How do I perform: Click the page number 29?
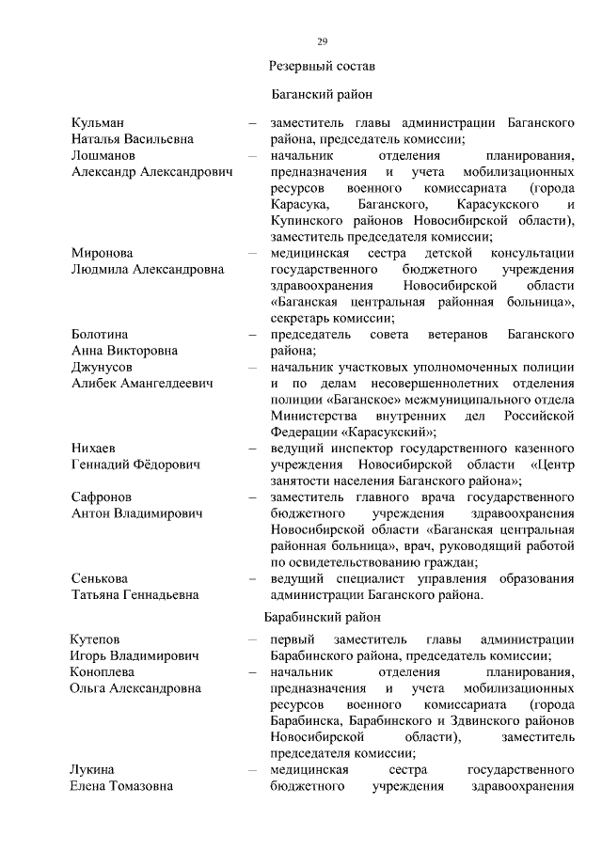tap(322, 40)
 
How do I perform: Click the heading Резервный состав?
tap(322, 67)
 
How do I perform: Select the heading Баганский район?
tap(322, 95)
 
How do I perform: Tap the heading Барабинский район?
tap(322, 618)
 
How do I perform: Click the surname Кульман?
tap(99, 123)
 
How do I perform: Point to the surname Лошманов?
tap(103, 156)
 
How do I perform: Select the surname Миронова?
tap(103, 253)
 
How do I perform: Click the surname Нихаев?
tap(95, 448)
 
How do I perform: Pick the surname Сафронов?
tap(102, 496)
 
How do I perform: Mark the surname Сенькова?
tap(102, 577)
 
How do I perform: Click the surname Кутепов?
tap(99, 639)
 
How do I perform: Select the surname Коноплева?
tap(103, 672)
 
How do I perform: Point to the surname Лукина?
tap(93, 769)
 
